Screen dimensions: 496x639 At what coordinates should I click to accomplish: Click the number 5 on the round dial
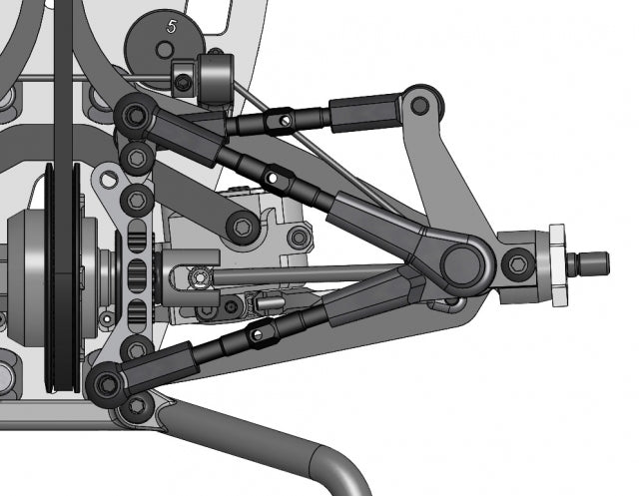tap(172, 29)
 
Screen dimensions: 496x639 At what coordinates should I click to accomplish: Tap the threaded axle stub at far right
tap(590, 264)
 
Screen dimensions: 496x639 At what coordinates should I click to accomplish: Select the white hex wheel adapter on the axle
tap(556, 264)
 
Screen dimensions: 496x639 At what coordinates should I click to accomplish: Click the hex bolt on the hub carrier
tap(516, 264)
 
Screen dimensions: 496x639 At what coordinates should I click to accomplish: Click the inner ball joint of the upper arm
tap(134, 117)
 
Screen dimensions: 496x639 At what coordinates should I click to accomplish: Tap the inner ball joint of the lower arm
tap(106, 383)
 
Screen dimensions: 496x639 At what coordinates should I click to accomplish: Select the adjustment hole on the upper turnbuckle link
tap(287, 121)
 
